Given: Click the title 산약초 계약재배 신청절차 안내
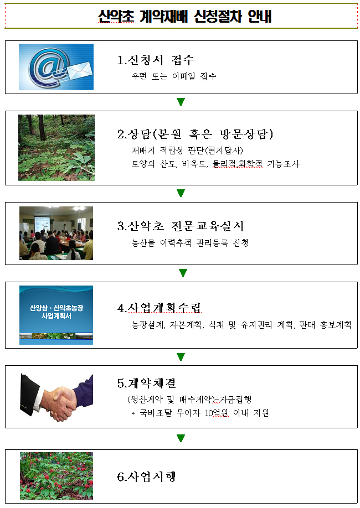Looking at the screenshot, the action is [184, 16].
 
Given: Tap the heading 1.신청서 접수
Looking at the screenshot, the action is [156, 60].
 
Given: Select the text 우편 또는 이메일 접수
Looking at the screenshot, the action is [174, 76].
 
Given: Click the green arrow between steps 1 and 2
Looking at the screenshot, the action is [181, 102].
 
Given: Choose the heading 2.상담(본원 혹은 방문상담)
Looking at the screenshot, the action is [196, 134].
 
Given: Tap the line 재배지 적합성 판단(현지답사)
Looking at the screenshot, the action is [187, 151].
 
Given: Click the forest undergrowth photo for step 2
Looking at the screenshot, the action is [56, 147].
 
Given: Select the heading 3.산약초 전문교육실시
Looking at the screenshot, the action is [181, 226].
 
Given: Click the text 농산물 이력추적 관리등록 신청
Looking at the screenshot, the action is [190, 243].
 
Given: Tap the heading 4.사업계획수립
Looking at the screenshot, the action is [160, 308].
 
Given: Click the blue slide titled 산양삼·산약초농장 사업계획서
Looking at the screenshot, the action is [56, 315].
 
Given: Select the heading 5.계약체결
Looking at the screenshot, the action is [147, 383].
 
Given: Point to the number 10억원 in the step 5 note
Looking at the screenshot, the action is [217, 413].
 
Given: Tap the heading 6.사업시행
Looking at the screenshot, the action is [147, 476].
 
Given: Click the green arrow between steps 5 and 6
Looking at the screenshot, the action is [181, 438].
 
